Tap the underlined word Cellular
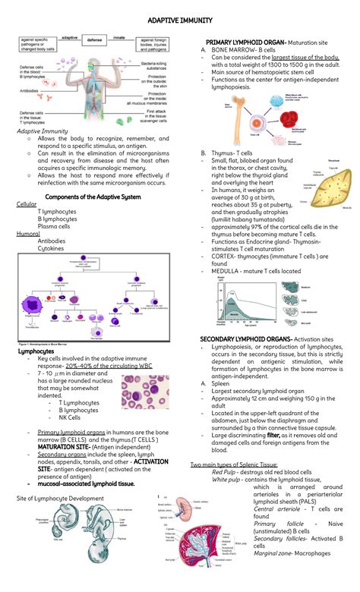tap(27, 205)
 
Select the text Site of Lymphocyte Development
tap(57, 497)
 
